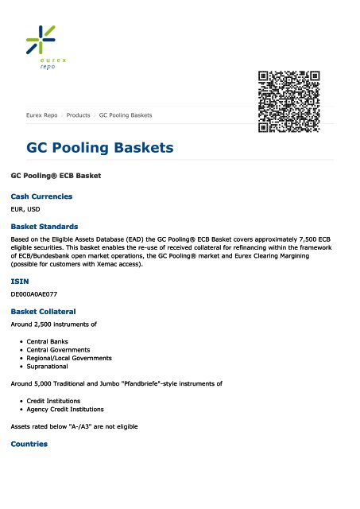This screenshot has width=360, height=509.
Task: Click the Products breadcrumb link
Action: pyautogui.click(x=78, y=115)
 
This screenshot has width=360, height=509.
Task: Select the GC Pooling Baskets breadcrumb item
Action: pyautogui.click(x=126, y=115)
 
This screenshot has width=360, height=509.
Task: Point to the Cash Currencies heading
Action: pyautogui.click(x=41, y=196)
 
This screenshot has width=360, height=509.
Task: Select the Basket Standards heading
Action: pyautogui.click(x=44, y=227)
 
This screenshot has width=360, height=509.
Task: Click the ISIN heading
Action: pyautogui.click(x=18, y=282)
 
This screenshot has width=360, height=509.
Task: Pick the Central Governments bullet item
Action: pyautogui.click(x=58, y=349)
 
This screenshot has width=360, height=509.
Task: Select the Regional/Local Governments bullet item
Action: pyautogui.click(x=69, y=358)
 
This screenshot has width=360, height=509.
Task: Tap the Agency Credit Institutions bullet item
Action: pyautogui.click(x=66, y=409)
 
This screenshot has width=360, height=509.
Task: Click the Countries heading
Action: pyautogui.click(x=29, y=444)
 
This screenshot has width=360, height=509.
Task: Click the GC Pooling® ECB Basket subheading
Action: pyautogui.click(x=55, y=173)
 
